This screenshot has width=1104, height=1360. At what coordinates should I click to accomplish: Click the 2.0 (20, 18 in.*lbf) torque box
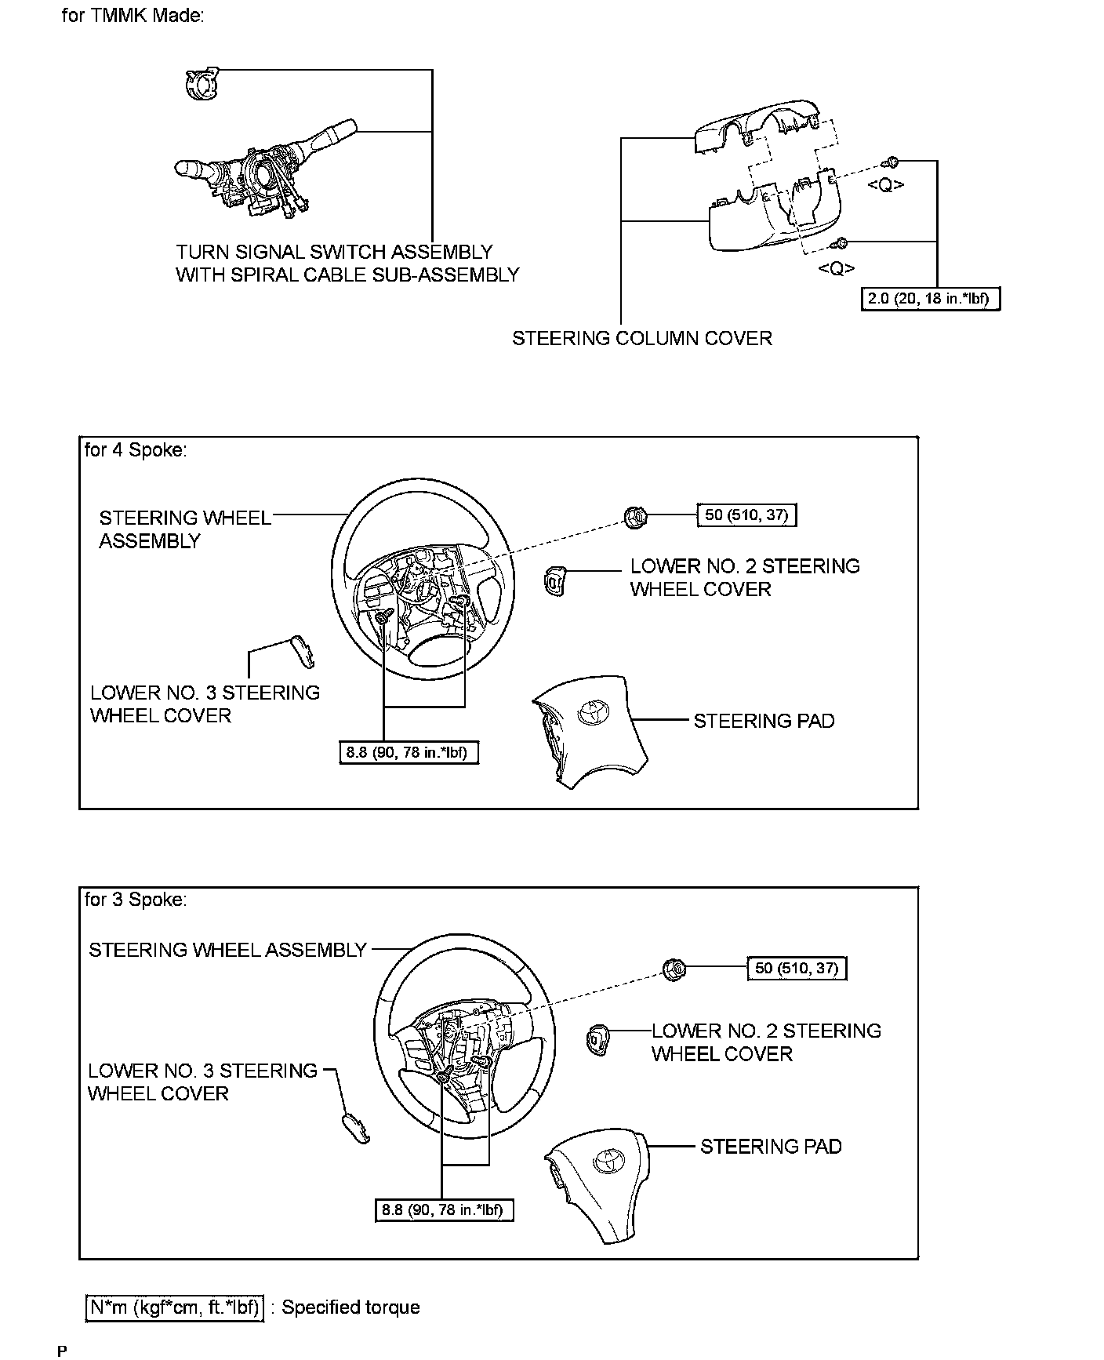(931, 299)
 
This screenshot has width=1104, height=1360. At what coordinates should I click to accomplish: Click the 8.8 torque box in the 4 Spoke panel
(407, 753)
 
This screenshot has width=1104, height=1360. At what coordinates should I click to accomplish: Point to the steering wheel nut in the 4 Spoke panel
(635, 516)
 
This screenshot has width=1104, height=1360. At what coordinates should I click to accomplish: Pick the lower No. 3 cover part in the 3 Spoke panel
(354, 1127)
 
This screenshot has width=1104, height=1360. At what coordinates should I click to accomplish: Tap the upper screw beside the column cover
(891, 162)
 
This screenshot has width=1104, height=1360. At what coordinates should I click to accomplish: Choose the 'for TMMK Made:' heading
(133, 16)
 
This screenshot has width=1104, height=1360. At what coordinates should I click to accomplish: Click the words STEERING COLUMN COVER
(642, 339)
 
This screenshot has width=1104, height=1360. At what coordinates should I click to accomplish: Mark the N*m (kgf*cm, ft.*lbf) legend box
(173, 1307)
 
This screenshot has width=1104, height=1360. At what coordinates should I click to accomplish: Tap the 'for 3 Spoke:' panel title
(136, 900)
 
